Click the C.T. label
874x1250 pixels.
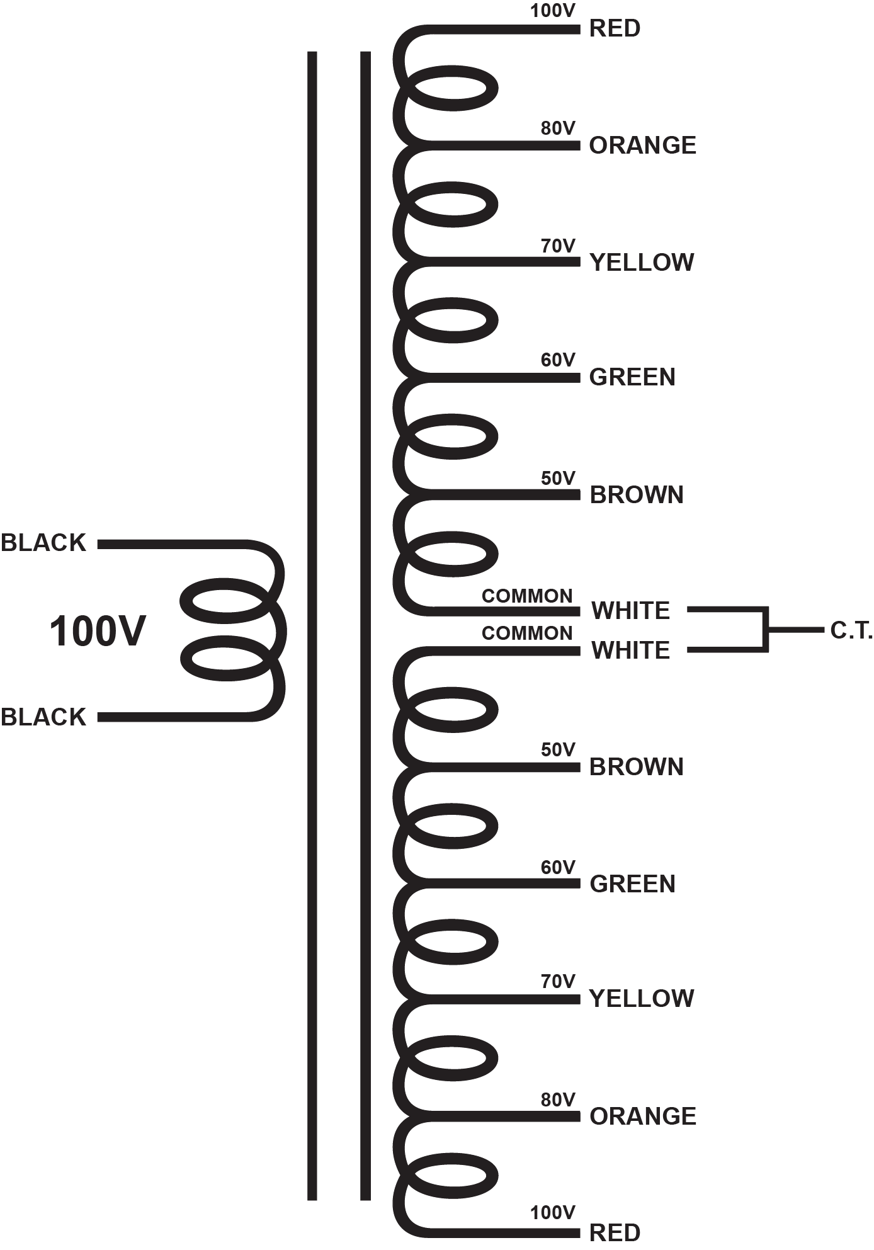pyautogui.click(x=851, y=630)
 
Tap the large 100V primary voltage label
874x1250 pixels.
pyautogui.click(x=98, y=632)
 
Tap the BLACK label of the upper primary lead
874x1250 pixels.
pyautogui.click(x=43, y=543)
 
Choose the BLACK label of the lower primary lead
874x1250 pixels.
pyautogui.click(x=43, y=717)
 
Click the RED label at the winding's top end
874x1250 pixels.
pyautogui.click(x=615, y=28)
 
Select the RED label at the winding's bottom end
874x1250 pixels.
pyautogui.click(x=615, y=1232)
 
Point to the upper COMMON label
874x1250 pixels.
pyautogui.click(x=527, y=596)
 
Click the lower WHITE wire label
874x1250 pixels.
pyautogui.click(x=631, y=651)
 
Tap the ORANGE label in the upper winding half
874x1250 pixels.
pyautogui.click(x=642, y=145)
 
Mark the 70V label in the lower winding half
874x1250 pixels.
pyautogui.click(x=558, y=981)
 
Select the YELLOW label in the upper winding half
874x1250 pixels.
pyautogui.click(x=642, y=263)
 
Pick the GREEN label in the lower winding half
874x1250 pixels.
pyautogui.click(x=632, y=884)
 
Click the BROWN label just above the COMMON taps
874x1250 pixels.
pyautogui.click(x=637, y=495)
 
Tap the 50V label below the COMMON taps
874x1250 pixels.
pyautogui.click(x=558, y=749)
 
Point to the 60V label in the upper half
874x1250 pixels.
pyautogui.click(x=558, y=360)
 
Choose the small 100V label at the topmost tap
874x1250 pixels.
pyautogui.click(x=553, y=11)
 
